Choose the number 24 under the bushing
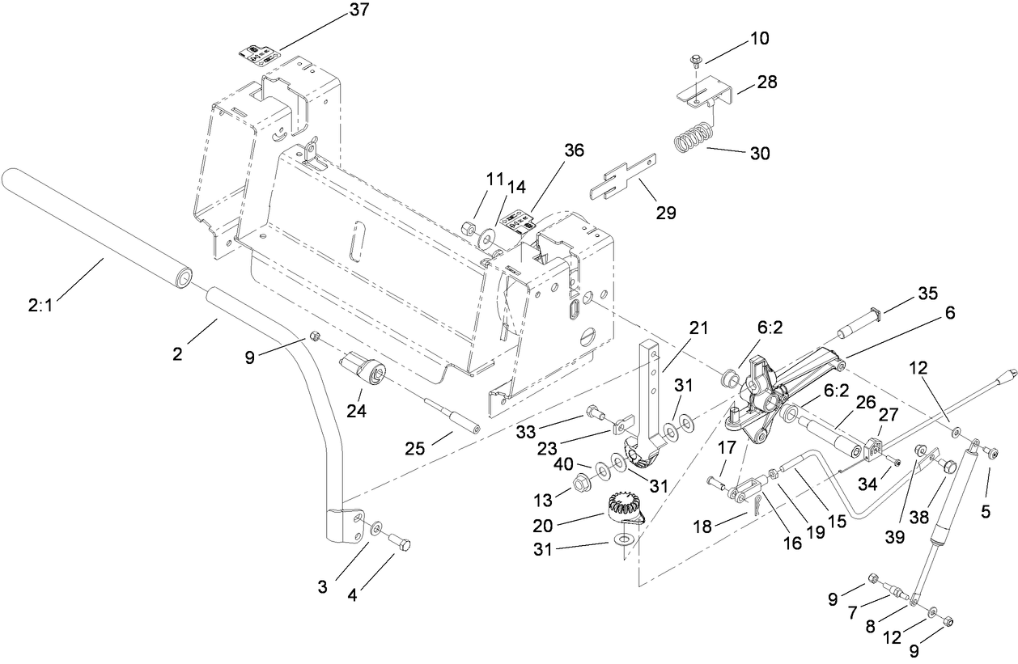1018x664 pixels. [357, 410]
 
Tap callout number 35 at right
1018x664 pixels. [928, 293]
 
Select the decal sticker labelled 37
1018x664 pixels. [259, 56]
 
